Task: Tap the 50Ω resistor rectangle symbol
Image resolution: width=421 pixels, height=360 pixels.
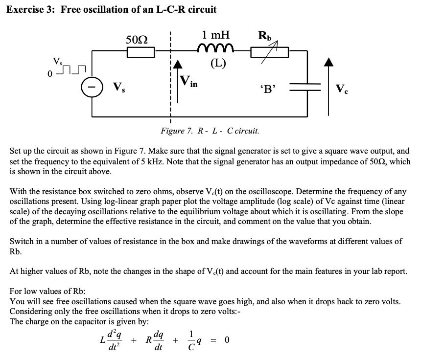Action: (141, 51)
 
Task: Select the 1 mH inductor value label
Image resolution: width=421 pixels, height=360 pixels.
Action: (215, 35)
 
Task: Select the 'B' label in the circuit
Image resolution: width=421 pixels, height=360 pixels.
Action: (267, 89)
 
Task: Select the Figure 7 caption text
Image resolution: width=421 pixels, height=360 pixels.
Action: (210, 131)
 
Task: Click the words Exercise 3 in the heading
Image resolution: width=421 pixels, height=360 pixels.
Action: (32, 9)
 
